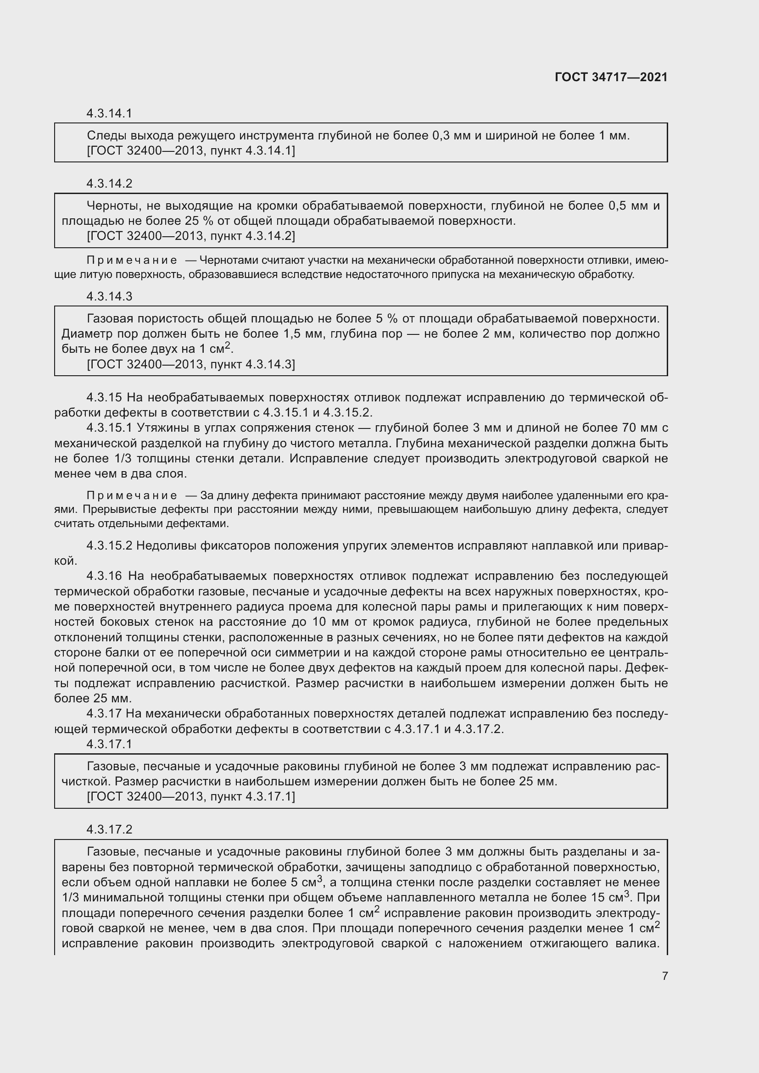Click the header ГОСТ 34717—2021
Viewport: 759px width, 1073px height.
611,77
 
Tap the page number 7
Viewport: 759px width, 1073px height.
664,975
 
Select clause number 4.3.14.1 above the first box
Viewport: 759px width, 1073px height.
109,113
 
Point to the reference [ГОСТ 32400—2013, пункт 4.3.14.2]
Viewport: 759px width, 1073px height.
191,236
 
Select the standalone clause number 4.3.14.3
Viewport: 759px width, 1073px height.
109,296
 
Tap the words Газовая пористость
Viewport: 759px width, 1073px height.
145,319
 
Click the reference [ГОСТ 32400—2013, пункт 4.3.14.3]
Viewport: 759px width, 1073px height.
191,364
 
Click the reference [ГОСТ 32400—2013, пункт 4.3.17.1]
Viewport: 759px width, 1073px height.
191,796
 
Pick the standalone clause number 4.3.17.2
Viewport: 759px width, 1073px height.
109,829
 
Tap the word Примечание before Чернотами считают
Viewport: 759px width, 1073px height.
132,260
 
